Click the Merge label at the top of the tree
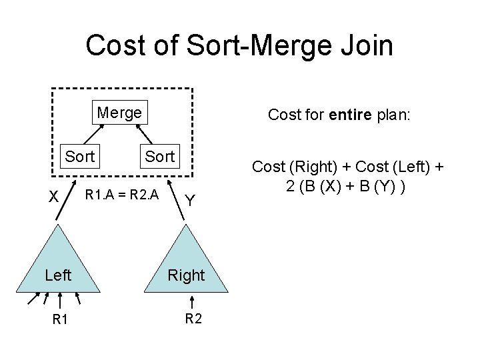pos(119,113)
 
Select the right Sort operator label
pos(159,157)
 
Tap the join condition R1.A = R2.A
pos(121,195)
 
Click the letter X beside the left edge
pos(42,198)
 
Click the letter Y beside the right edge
pos(190,199)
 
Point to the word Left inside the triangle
pos(58,275)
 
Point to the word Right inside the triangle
pos(186,275)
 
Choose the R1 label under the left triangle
pos(60,320)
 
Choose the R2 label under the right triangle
pos(193,318)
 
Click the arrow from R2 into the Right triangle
pos(186,300)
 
